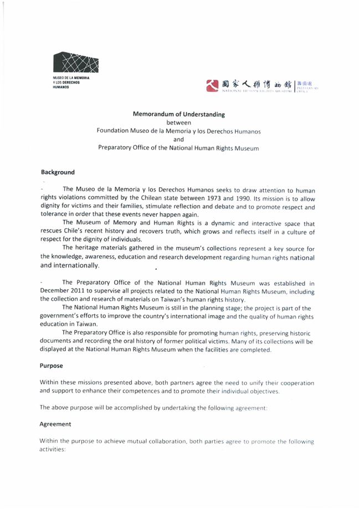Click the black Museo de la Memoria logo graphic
pos(77,63)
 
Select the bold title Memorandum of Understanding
pos(178,115)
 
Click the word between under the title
pos(178,123)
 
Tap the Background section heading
pos(58,172)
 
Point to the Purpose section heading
pos(52,366)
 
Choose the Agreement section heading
pos(55,424)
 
